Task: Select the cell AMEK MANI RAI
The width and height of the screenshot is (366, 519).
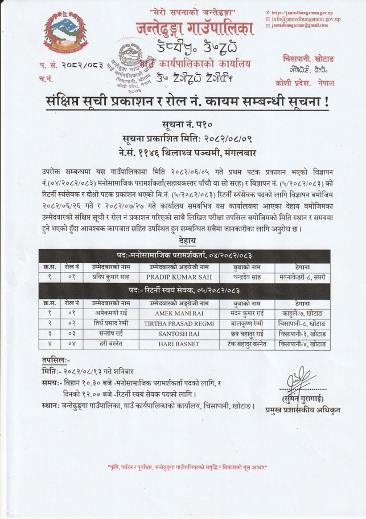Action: tap(184, 313)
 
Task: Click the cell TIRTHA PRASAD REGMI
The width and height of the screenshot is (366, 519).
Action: tap(184, 323)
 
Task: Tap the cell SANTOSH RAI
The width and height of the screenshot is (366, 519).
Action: tap(184, 334)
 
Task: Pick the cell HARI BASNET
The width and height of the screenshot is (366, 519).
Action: tap(184, 344)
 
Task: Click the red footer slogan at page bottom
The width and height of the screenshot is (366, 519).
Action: tap(183, 468)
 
